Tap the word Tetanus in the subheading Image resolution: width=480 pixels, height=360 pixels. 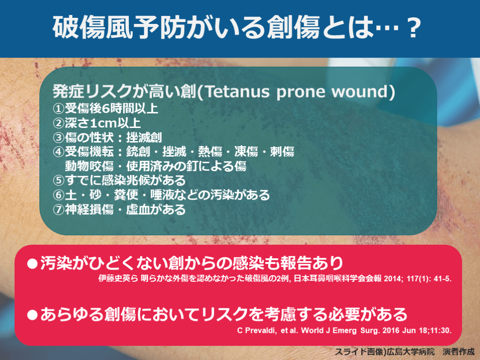[237, 92]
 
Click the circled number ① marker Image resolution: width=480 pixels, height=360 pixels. [59, 109]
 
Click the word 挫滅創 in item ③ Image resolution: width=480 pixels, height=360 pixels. [144, 137]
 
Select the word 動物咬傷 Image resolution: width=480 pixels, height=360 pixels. [89, 166]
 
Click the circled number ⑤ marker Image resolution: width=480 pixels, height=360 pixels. [59, 180]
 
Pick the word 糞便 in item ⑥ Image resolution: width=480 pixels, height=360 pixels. [126, 195]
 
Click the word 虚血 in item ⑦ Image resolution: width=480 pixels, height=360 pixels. [138, 210]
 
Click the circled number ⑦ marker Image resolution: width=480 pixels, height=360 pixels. [59, 210]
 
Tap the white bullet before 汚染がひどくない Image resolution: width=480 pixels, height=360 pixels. [32, 263]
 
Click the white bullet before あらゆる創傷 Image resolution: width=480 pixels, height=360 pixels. [32, 315]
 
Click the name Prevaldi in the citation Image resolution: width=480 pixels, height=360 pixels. [260, 330]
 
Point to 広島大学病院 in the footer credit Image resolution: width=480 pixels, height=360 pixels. [410, 352]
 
